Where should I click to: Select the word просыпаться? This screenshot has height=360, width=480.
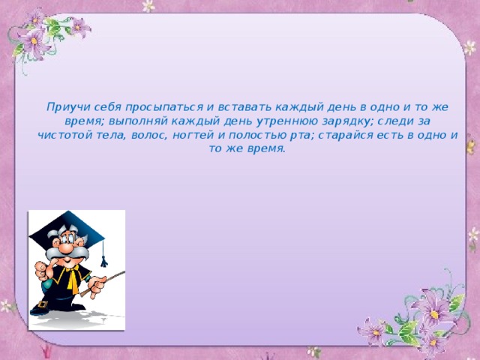click(164, 107)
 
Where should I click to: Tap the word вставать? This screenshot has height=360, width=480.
click(244, 107)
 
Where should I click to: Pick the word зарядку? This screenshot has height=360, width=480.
click(348, 121)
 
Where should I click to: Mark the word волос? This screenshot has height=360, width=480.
click(149, 136)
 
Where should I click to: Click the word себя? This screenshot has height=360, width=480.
click(108, 107)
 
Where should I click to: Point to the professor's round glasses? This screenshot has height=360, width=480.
click(67, 238)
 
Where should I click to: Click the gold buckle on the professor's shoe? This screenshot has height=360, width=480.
click(43, 304)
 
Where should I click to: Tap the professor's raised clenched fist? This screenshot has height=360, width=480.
click(41, 270)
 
